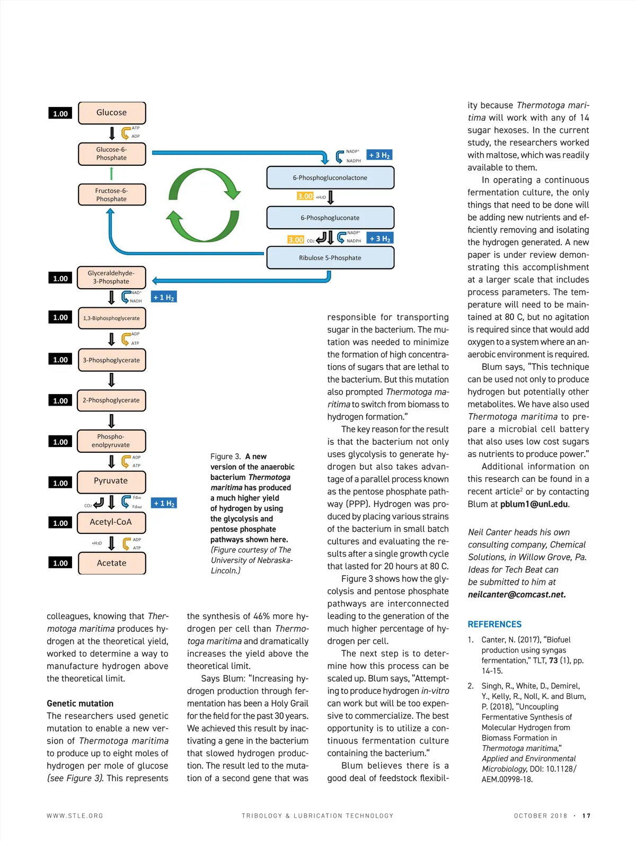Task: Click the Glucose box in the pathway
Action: click(x=112, y=113)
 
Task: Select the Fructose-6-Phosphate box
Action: click(x=112, y=195)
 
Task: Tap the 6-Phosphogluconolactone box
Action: click(x=330, y=177)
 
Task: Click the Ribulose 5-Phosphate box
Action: click(x=330, y=258)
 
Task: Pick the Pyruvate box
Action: click(x=111, y=481)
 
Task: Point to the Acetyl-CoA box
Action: click(x=111, y=522)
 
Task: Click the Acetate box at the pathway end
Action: click(x=112, y=563)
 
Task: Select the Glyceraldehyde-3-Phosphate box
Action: click(x=111, y=278)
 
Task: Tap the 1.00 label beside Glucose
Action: click(x=60, y=113)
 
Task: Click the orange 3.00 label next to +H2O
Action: click(x=305, y=196)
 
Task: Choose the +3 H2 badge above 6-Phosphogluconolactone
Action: click(x=379, y=155)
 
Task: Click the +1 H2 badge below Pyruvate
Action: click(x=164, y=503)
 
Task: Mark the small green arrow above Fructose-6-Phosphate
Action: click(x=111, y=173)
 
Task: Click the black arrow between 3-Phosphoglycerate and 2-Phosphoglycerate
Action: click(x=111, y=380)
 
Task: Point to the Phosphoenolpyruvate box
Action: click(x=111, y=441)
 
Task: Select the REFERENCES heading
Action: click(x=494, y=624)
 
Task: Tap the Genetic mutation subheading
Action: click(x=80, y=703)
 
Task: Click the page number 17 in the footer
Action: click(x=586, y=816)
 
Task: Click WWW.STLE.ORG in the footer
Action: click(x=75, y=816)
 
